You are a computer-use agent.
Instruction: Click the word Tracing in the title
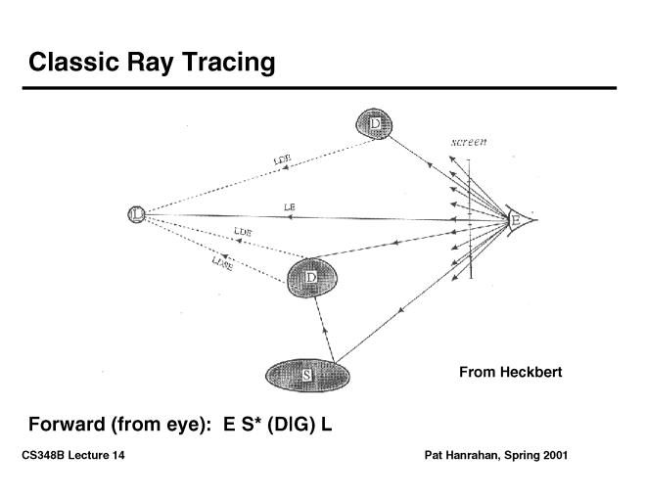(228, 64)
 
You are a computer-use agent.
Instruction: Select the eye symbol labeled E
(519, 221)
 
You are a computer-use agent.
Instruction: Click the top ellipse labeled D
(374, 123)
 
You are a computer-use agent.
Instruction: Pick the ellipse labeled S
(306, 374)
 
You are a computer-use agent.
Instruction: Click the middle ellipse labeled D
(312, 277)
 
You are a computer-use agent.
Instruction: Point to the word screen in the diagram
(469, 144)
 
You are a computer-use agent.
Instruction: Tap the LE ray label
(289, 206)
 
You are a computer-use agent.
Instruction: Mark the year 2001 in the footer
(553, 456)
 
